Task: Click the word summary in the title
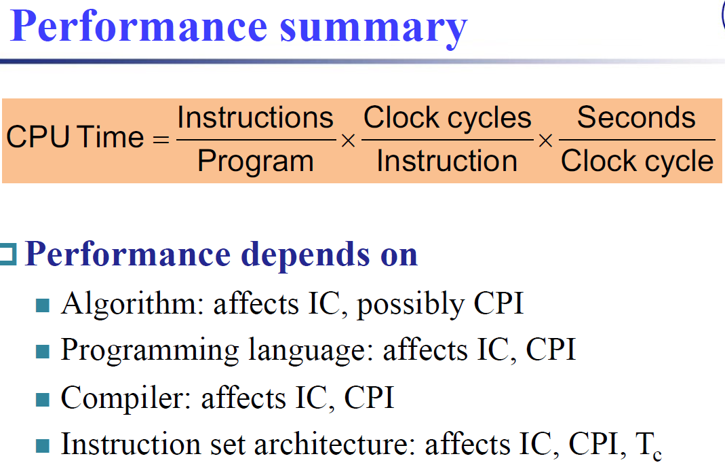point(374,29)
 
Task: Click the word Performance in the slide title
point(138,26)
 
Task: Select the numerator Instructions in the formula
point(255,117)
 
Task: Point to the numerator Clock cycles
point(447,118)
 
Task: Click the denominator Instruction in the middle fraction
point(447,161)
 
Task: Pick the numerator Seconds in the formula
point(636,117)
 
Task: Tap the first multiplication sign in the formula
point(348,141)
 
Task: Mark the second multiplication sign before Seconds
point(545,141)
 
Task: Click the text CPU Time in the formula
point(75,137)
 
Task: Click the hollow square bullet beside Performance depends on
point(8,255)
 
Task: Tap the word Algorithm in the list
point(133,305)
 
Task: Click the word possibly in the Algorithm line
point(410,305)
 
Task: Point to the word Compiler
point(125,398)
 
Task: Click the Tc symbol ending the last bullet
point(649,446)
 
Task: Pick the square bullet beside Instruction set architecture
point(43,446)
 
